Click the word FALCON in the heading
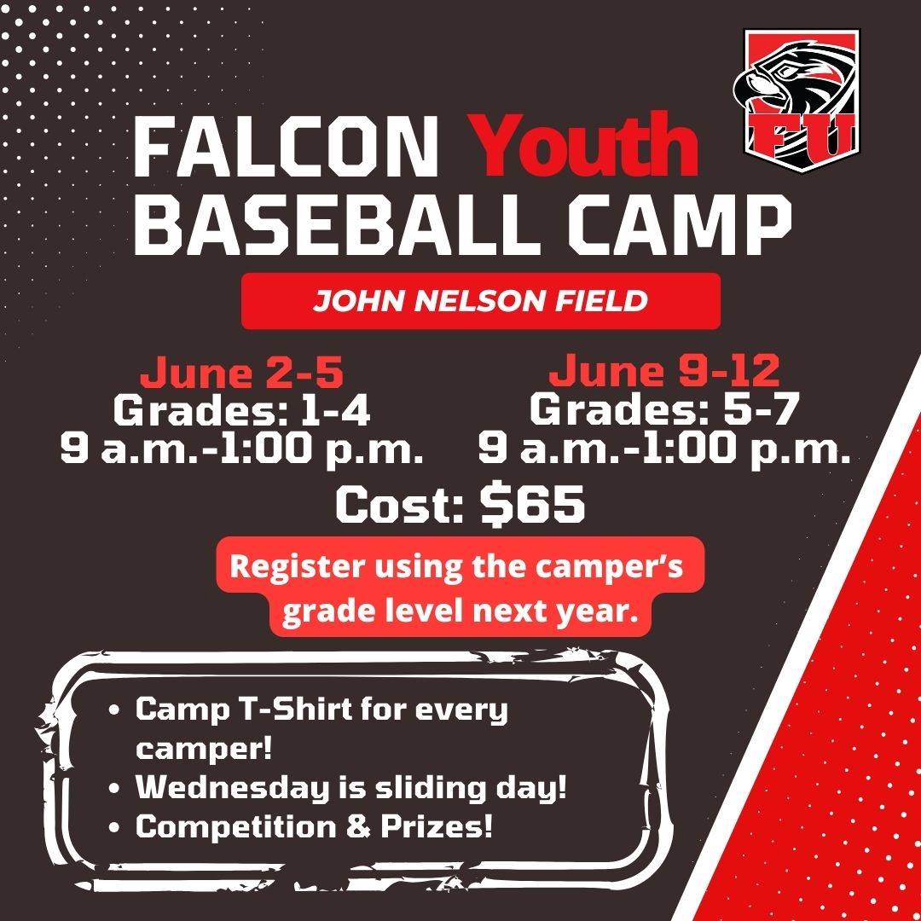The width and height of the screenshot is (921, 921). point(286,147)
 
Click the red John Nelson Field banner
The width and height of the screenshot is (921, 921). point(480,301)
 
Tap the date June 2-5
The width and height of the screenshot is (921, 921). point(241,373)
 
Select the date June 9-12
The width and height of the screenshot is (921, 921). point(664,371)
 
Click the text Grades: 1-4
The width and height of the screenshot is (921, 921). point(241,409)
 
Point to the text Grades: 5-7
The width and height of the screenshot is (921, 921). point(664,408)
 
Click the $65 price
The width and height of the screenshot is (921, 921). point(532,503)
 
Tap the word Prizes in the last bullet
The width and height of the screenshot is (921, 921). point(436,826)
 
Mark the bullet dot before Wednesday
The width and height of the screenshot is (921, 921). point(114,788)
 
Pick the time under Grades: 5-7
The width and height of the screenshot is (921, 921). point(664,449)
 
